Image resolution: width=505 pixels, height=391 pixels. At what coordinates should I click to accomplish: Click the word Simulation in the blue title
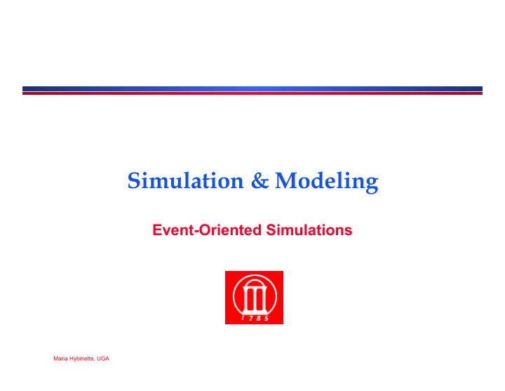click(185, 180)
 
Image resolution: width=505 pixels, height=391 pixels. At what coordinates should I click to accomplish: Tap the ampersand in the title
click(260, 180)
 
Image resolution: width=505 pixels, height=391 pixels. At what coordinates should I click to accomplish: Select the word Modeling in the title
click(327, 183)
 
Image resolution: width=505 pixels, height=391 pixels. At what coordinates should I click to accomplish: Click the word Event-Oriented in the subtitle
click(207, 230)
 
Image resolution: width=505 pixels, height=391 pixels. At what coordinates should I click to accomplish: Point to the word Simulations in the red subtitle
click(309, 230)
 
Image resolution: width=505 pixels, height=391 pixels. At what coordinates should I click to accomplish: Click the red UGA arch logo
click(254, 298)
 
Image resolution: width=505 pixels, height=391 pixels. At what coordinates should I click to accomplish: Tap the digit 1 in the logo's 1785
click(243, 318)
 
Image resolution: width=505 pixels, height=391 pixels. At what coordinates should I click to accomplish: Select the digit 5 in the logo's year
click(267, 319)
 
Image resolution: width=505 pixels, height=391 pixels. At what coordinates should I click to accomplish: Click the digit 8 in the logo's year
click(259, 319)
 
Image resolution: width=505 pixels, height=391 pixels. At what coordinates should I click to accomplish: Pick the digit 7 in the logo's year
click(250, 319)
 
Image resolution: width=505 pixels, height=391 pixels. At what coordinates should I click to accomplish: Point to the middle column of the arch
click(255, 299)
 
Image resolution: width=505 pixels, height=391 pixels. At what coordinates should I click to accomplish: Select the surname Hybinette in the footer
click(82, 359)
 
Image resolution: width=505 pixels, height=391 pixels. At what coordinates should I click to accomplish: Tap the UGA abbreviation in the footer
click(103, 359)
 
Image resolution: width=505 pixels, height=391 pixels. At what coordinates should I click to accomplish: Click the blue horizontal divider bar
click(252, 89)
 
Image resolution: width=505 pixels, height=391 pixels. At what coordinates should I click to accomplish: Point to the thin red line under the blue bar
click(252, 93)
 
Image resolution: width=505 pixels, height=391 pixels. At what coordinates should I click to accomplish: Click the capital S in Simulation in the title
click(134, 180)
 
